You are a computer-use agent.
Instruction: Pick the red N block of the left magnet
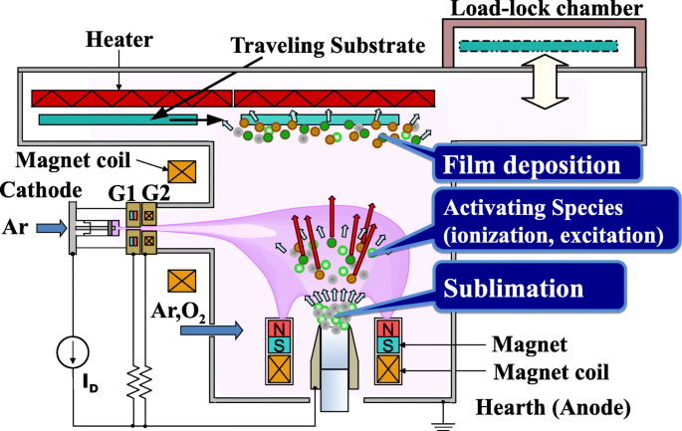278,329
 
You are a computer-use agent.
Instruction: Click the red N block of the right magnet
387,329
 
